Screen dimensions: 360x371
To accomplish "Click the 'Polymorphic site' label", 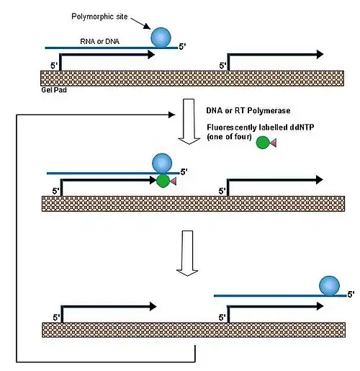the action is [x=99, y=17].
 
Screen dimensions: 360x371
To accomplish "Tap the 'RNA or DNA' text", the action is [x=99, y=41].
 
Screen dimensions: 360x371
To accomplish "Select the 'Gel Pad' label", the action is [x=54, y=90].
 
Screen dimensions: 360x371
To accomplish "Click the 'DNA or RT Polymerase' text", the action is [x=248, y=110].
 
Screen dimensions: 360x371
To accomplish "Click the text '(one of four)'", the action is [x=229, y=137].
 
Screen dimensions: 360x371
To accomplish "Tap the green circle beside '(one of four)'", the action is [x=263, y=143].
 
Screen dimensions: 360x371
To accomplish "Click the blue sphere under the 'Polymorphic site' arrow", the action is [x=161, y=37].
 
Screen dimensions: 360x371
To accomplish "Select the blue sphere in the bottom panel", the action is [x=329, y=286].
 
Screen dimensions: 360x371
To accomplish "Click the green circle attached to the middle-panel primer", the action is [x=163, y=181].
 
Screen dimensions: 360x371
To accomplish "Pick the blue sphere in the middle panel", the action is [x=162, y=164].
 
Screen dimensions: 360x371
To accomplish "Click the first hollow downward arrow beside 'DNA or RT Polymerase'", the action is [x=189, y=121].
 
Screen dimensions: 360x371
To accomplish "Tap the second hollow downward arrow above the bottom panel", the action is [x=187, y=254].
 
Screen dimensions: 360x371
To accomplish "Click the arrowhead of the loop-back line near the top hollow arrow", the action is [x=172, y=115].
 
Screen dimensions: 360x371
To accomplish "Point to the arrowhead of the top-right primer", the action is [x=320, y=55].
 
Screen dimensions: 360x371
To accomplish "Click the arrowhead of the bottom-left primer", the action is [x=153, y=306].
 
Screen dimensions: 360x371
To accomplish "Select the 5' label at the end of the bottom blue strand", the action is [x=351, y=294].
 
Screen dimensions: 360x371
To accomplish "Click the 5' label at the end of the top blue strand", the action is [x=182, y=47].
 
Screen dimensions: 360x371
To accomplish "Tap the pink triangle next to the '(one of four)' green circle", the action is [x=273, y=143].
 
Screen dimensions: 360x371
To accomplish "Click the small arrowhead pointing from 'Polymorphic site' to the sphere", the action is [x=148, y=27].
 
